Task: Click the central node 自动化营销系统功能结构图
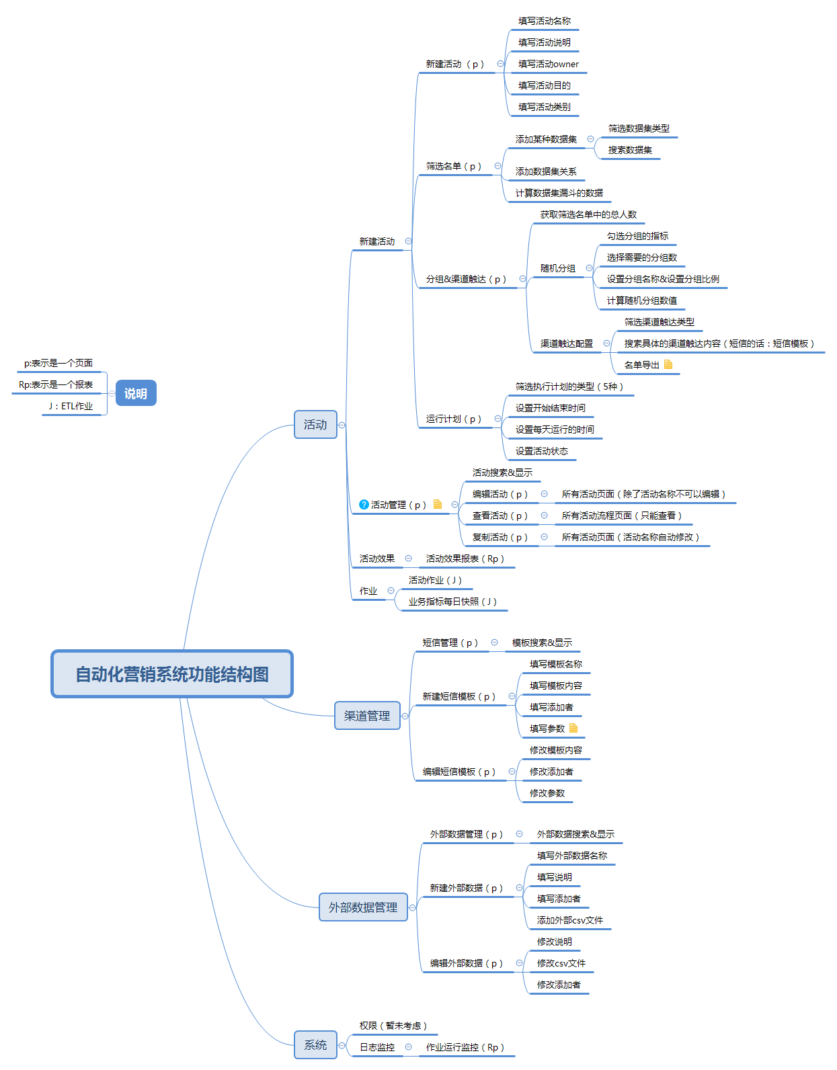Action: tap(172, 674)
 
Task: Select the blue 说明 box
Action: tap(136, 393)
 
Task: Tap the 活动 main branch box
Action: tap(315, 425)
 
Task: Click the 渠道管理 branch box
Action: tap(367, 716)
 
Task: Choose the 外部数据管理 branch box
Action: tap(363, 907)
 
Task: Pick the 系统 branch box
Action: tap(315, 1045)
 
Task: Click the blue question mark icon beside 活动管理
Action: tap(364, 505)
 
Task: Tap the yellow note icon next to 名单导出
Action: tap(668, 365)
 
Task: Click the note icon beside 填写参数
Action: tap(573, 729)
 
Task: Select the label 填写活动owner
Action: tap(548, 65)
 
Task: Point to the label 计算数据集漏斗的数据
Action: tap(559, 194)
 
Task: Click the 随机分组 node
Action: tap(558, 269)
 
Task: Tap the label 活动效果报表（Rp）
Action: tap(465, 559)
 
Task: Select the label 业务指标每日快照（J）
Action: tap(452, 602)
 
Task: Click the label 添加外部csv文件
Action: tap(569, 921)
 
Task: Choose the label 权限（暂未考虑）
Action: tap(393, 1026)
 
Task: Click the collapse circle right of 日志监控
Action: tap(408, 1047)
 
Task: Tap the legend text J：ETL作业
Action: tap(71, 407)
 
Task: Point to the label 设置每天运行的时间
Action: tap(555, 430)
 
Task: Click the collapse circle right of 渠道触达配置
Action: tap(606, 343)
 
